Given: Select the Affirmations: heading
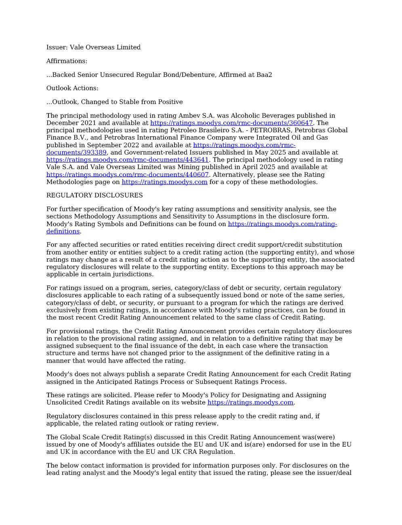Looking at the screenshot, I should click(67, 61).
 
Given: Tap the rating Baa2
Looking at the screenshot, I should click(264, 75).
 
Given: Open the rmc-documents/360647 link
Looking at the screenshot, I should click(232, 123).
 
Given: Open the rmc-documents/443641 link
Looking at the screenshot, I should click(127, 160).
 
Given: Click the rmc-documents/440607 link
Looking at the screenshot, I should click(127, 175).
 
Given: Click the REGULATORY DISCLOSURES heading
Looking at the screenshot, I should click(95, 195).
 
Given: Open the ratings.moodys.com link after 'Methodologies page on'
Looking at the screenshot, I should click(164, 182).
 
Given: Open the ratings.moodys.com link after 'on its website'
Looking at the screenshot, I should click(250, 402).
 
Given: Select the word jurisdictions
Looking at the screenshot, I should click(135, 274).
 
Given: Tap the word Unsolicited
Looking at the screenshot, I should click(65, 402).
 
